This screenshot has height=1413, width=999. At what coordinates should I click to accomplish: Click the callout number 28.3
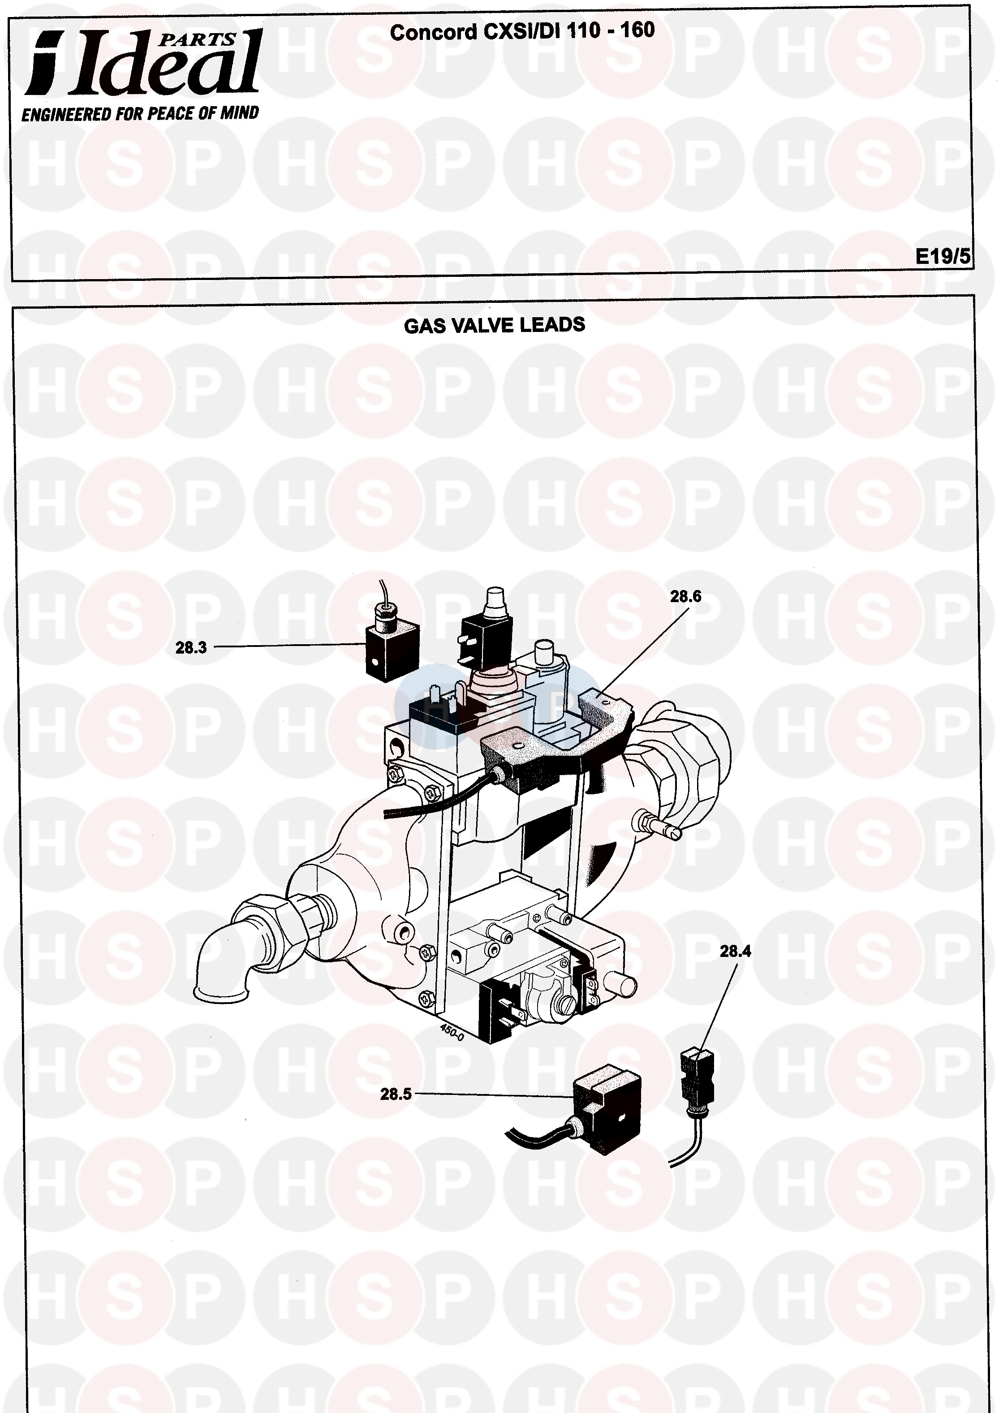tap(191, 647)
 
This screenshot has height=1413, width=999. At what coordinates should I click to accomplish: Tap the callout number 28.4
tap(735, 952)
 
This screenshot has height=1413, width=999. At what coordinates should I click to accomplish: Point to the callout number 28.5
tap(396, 1094)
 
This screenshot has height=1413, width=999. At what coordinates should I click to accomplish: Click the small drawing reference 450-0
tap(452, 1031)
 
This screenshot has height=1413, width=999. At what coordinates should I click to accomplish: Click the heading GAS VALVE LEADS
tap(494, 325)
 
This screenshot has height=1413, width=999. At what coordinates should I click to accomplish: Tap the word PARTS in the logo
tap(198, 40)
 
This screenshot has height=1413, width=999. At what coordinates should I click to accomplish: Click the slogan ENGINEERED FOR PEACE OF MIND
tap(140, 114)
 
